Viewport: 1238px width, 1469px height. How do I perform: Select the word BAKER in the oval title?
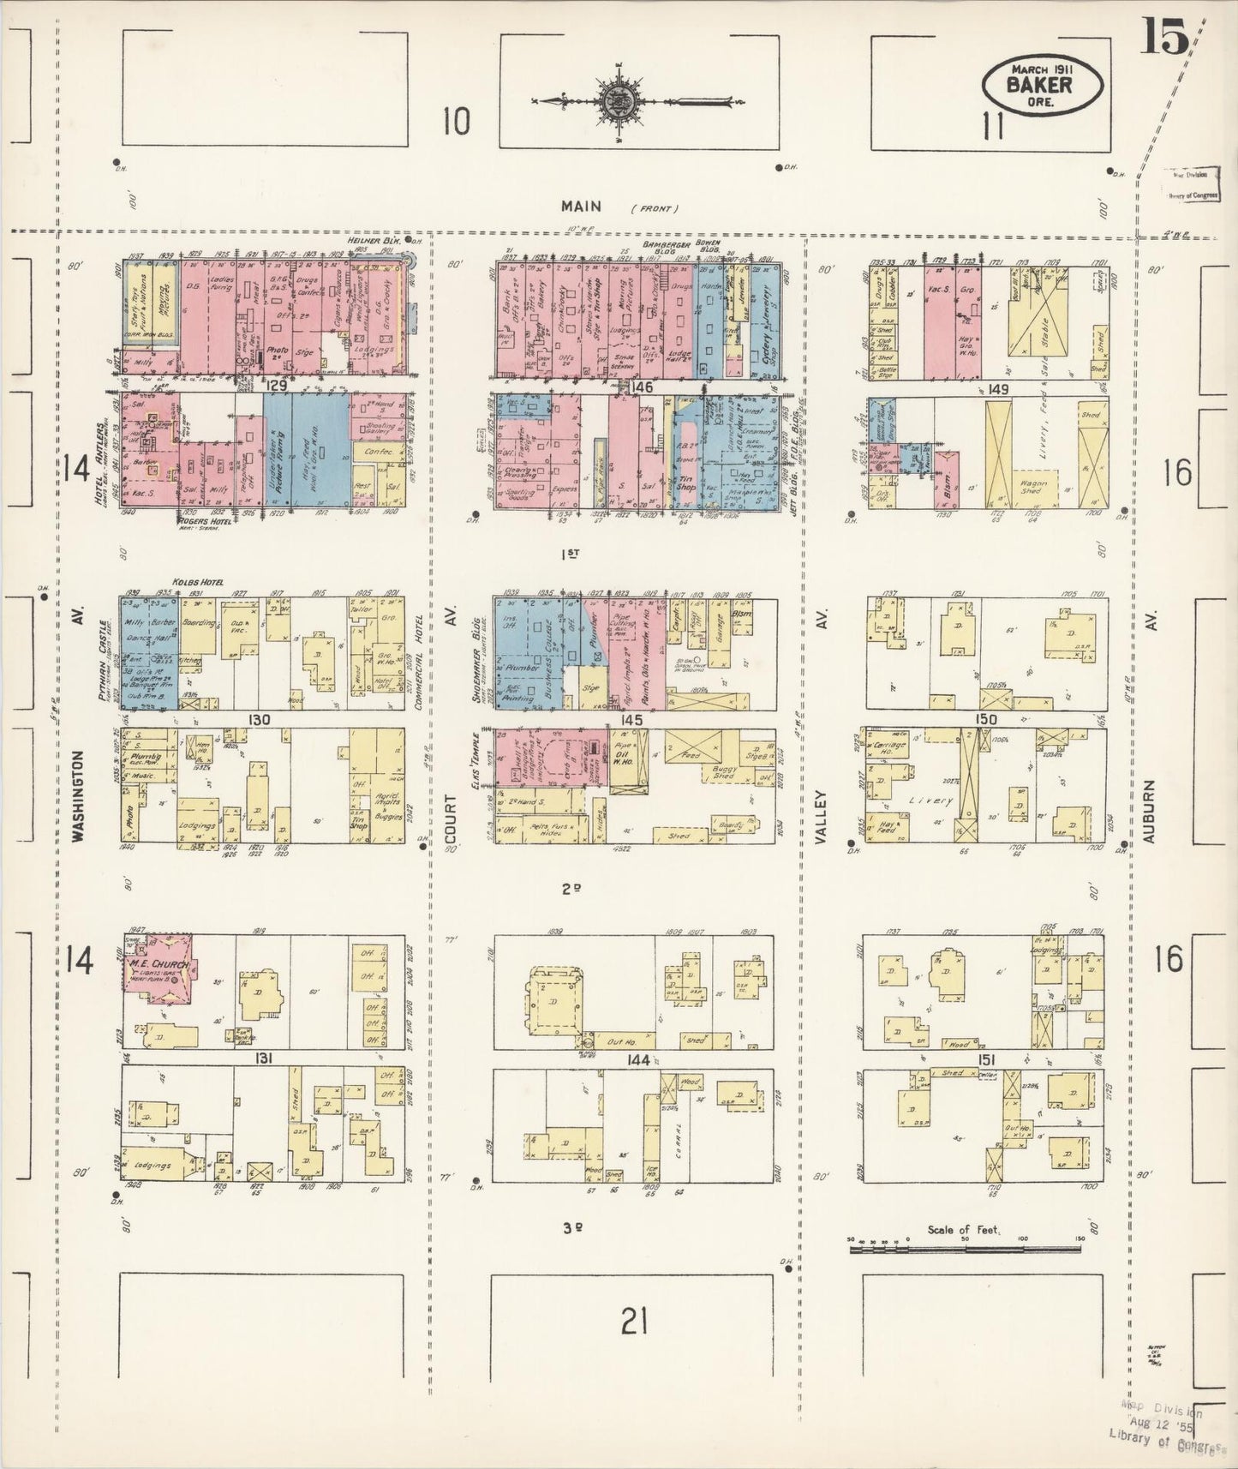[1040, 85]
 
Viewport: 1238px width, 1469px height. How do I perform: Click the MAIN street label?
[583, 206]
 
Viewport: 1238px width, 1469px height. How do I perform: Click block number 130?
[260, 720]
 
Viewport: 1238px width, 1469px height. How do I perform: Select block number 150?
[985, 720]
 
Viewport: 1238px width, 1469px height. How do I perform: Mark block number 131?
[263, 1058]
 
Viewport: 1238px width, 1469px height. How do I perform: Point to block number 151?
[985, 1059]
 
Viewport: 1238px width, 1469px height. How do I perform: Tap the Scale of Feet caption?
[964, 1230]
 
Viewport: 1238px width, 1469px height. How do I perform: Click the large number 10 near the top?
[456, 122]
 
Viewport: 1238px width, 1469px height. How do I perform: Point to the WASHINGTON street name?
[79, 797]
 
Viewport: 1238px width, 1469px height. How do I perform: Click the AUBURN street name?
[1150, 811]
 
